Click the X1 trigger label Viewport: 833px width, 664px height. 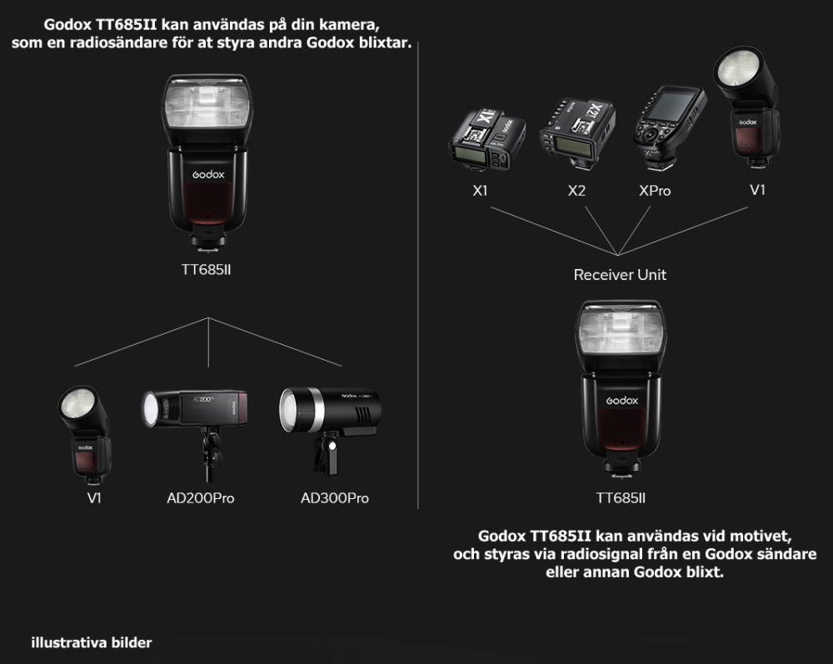(481, 190)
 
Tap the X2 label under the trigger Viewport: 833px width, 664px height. (576, 190)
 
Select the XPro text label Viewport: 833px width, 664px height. (655, 190)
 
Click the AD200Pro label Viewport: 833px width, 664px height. (200, 497)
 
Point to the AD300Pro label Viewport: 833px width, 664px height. (335, 497)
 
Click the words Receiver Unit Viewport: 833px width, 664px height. (620, 275)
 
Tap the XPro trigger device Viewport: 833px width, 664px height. (670, 127)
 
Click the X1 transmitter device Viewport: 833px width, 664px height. (486, 139)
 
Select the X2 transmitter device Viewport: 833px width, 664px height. (577, 132)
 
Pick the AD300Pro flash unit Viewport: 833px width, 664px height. (330, 420)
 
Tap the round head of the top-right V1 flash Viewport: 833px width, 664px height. (738, 69)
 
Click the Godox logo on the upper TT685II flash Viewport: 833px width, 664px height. (208, 174)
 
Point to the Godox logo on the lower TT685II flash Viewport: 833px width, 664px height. (622, 400)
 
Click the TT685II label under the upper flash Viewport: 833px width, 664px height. (206, 270)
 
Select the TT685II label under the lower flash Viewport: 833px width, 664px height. (621, 497)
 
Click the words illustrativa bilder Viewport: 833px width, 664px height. (92, 642)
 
